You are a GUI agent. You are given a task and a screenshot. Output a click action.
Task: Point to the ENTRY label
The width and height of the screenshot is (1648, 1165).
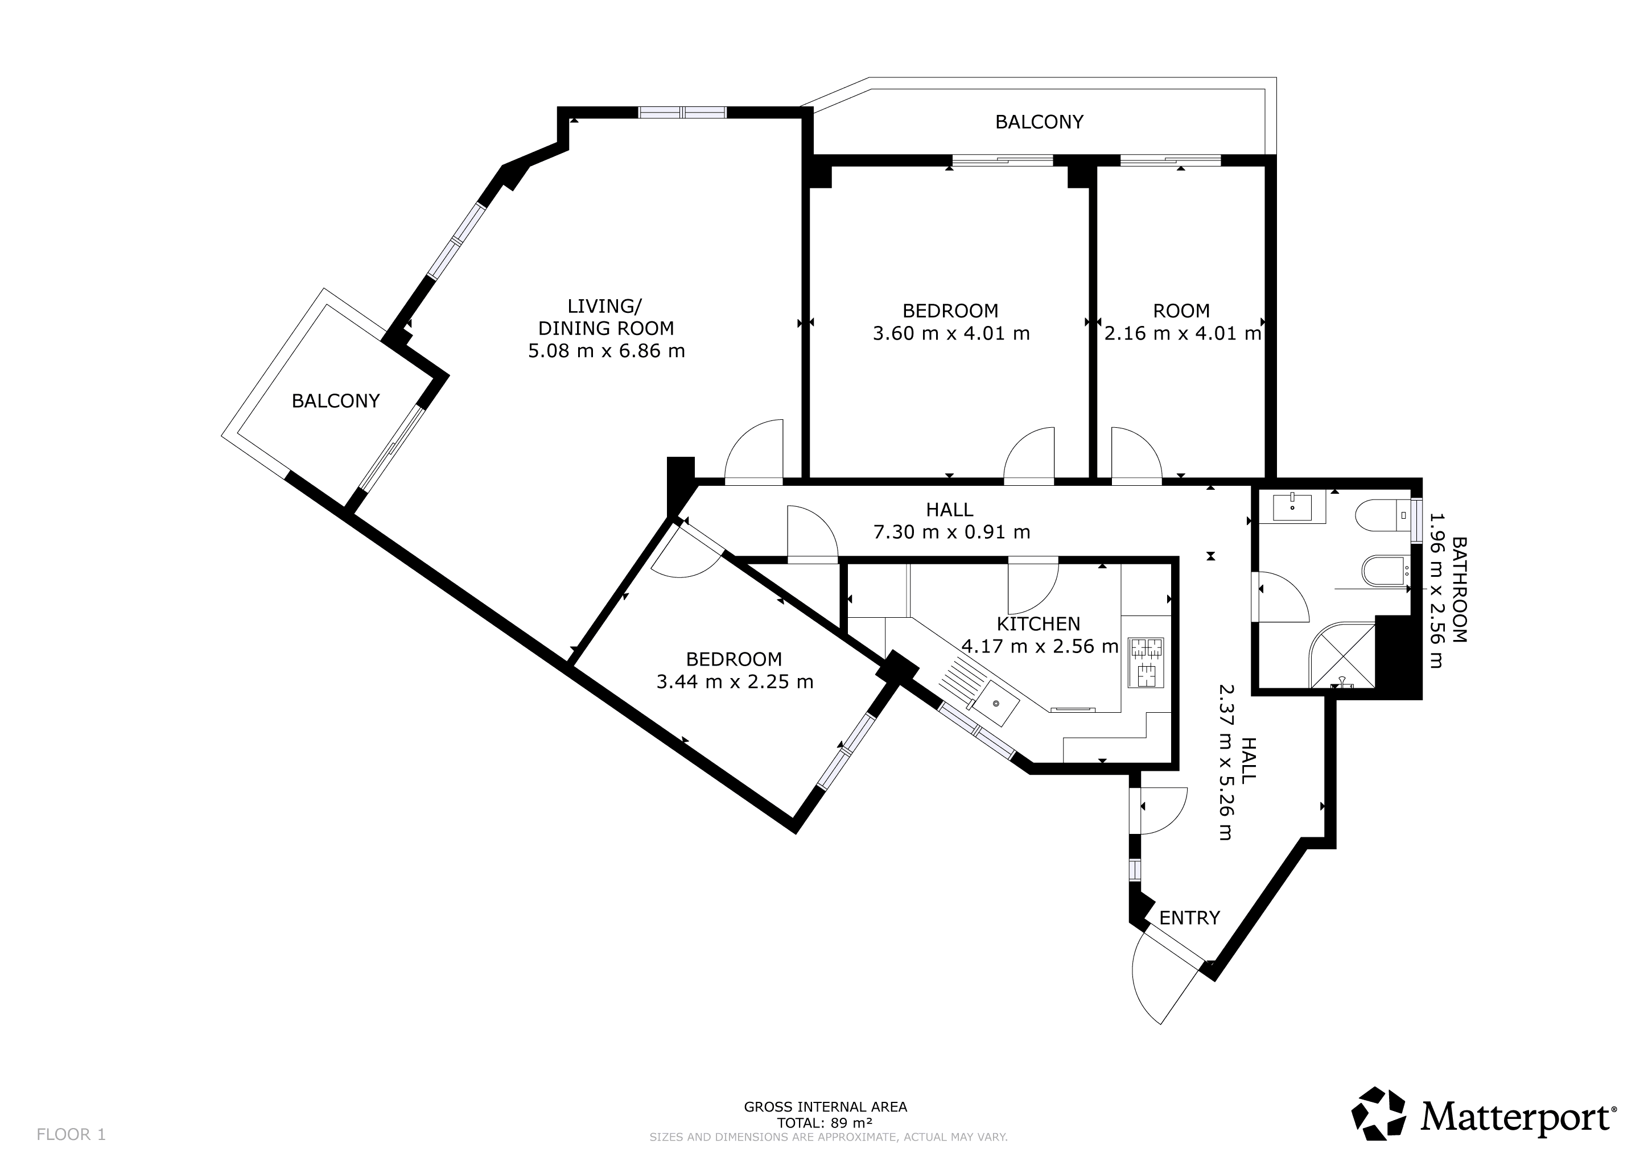click(x=1189, y=918)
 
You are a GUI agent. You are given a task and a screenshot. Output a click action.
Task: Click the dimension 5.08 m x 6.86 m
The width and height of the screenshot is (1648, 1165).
click(x=607, y=352)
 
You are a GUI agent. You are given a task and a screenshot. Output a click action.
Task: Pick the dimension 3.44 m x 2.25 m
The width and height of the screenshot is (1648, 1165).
click(x=735, y=681)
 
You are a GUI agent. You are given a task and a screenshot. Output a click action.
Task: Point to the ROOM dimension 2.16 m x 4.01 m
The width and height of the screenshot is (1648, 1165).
click(x=1182, y=333)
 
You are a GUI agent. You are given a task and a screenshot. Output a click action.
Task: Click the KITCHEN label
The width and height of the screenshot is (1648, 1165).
click(x=1039, y=624)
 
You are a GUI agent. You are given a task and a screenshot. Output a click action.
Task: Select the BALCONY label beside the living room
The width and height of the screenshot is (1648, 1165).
click(x=335, y=401)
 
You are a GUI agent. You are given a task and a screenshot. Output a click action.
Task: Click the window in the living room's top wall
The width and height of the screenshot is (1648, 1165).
click(x=683, y=112)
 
